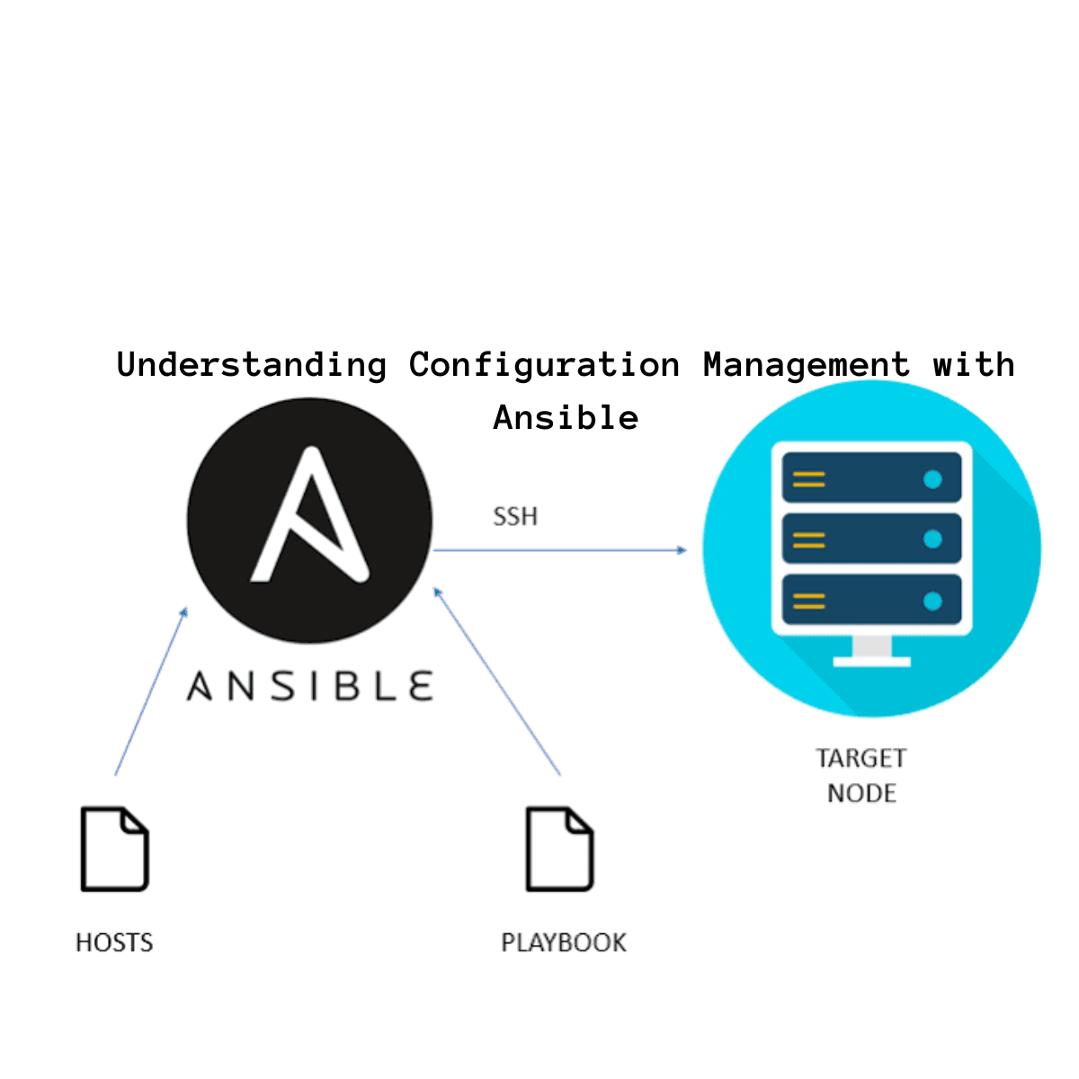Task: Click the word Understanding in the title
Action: [x=252, y=365]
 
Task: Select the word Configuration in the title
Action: [x=544, y=365]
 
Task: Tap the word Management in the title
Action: [x=806, y=365]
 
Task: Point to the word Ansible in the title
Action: [x=566, y=418]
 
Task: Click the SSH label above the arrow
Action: [x=515, y=517]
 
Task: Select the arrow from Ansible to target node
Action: [x=559, y=549]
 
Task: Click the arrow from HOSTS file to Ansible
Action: [x=151, y=691]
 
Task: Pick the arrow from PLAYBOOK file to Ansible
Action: [x=496, y=681]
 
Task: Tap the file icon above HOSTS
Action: [x=114, y=849]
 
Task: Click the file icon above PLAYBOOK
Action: [x=559, y=849]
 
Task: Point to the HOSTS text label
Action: [x=114, y=942]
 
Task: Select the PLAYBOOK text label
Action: [x=564, y=942]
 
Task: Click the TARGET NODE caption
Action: [x=861, y=775]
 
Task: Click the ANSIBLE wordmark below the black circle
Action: [x=309, y=687]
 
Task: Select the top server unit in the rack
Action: [x=871, y=478]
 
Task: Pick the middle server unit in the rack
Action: [x=871, y=539]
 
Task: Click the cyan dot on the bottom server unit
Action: [x=932, y=601]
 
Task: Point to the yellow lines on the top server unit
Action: [x=808, y=479]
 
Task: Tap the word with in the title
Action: [x=974, y=365]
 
